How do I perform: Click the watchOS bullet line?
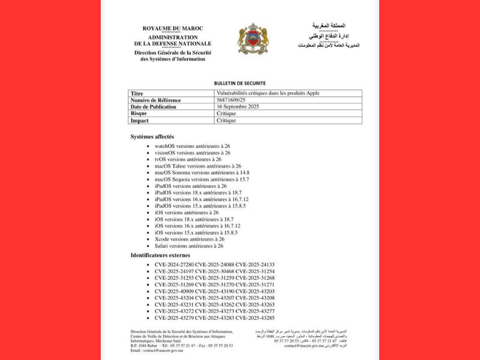point(192,146)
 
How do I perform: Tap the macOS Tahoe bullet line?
point(197,166)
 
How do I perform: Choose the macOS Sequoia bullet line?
point(202,179)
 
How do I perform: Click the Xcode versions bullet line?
point(189,239)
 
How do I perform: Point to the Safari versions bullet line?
point(188,245)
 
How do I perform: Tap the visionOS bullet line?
point(192,152)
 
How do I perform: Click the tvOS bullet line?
point(188,159)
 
